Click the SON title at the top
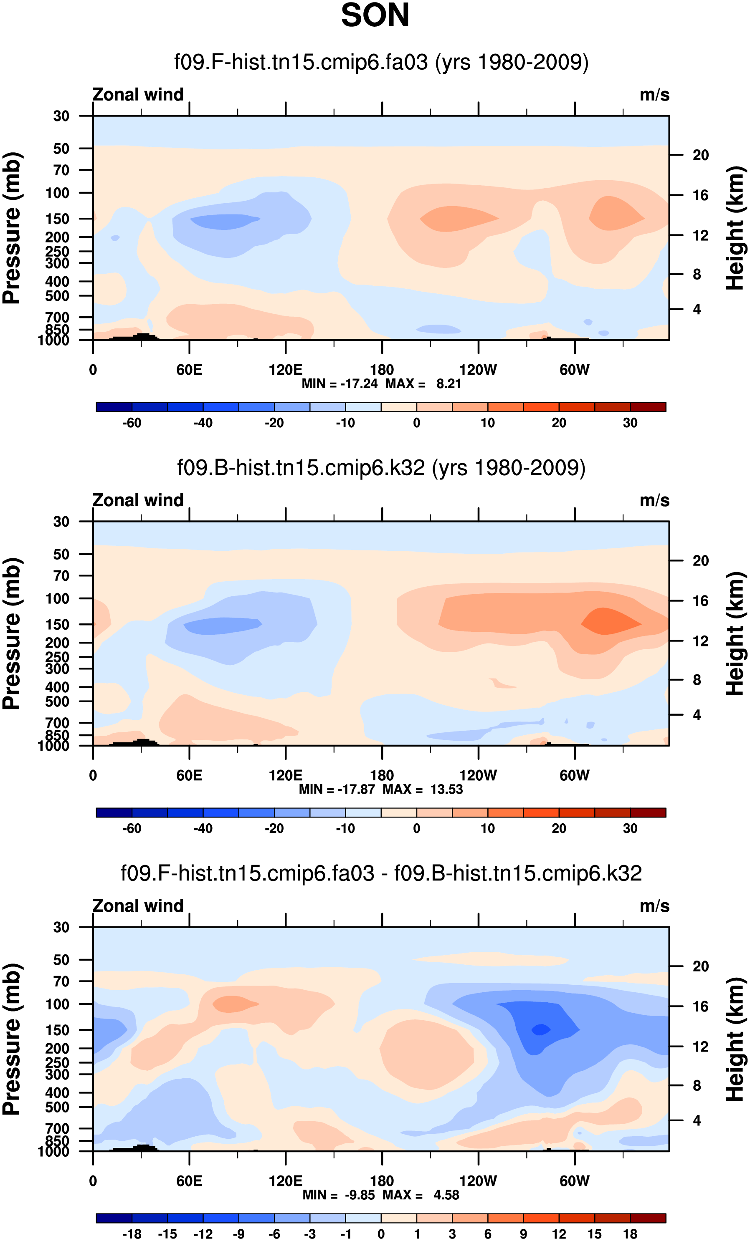[375, 15]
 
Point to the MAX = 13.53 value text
[422, 789]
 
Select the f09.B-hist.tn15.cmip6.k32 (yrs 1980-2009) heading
[381, 468]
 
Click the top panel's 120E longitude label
[285, 370]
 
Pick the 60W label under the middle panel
[574, 776]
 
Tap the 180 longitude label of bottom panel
[382, 1181]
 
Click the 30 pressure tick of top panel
[61, 116]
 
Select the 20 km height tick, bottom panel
[701, 966]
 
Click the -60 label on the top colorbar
[132, 423]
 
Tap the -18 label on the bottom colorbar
[132, 1234]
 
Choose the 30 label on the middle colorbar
[630, 828]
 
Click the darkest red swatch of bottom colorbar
[648, 1218]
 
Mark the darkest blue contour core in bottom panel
[541, 1029]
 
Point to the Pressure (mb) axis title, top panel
[12, 228]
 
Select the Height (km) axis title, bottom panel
[735, 1039]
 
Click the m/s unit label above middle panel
[654, 501]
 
